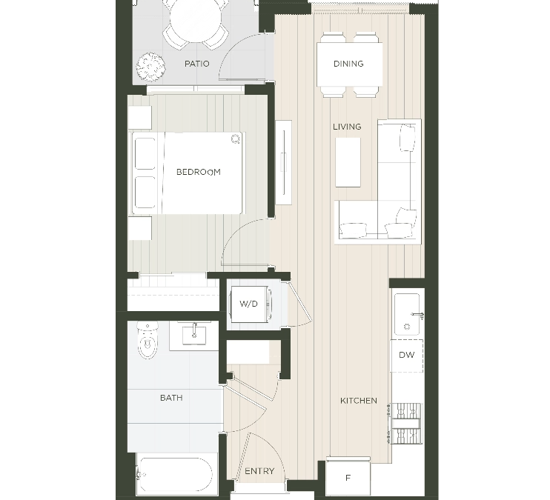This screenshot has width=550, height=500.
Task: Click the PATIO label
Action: pyautogui.click(x=196, y=64)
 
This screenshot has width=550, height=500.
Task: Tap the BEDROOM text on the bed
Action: pyautogui.click(x=198, y=172)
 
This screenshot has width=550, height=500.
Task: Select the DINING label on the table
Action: pyautogui.click(x=348, y=64)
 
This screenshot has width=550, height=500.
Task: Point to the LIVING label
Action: pyautogui.click(x=347, y=127)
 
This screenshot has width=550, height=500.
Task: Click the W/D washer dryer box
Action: pyautogui.click(x=249, y=304)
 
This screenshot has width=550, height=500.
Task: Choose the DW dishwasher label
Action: pyautogui.click(x=407, y=355)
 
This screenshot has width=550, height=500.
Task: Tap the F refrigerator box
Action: pyautogui.click(x=348, y=478)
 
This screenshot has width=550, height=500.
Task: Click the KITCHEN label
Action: pyautogui.click(x=359, y=401)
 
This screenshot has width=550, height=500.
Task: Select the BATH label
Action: pyautogui.click(x=171, y=398)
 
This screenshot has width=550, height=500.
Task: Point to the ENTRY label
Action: pyautogui.click(x=259, y=471)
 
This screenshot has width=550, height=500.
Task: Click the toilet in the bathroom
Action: pyautogui.click(x=148, y=341)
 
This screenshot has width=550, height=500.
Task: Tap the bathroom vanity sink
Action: pyautogui.click(x=194, y=335)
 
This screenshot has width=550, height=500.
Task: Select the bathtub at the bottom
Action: pyautogui.click(x=176, y=474)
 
